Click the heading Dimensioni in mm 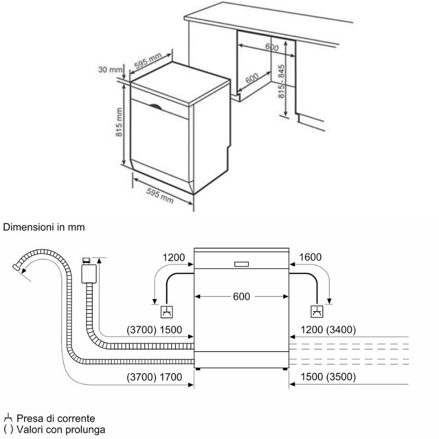point(44,226)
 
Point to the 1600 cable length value point(311,257)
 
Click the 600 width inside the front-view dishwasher point(241,296)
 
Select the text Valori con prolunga point(60,429)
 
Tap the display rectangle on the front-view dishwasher point(241,263)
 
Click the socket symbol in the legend point(8,418)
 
